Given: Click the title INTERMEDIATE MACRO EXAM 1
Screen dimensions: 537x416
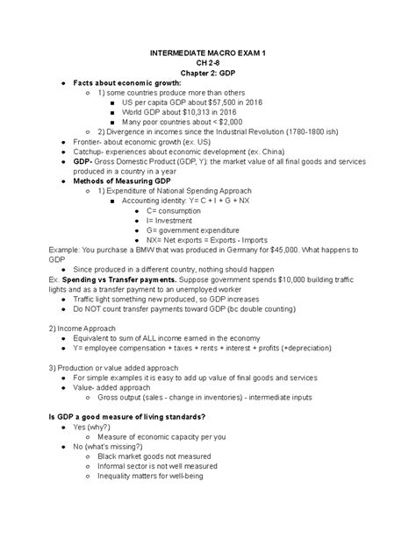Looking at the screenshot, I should (x=208, y=53).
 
